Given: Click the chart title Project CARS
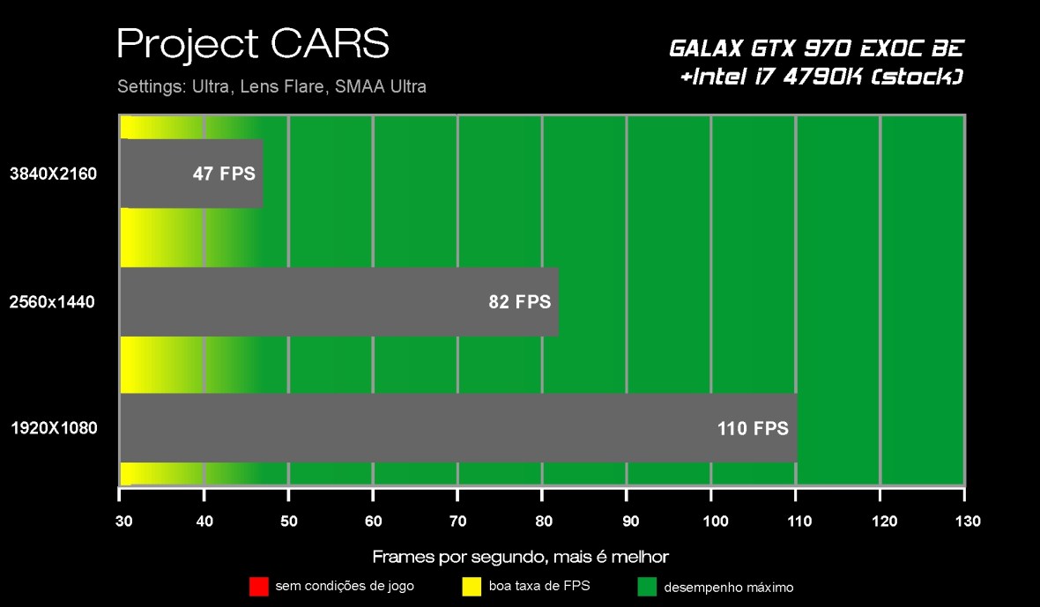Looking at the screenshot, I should click(x=252, y=44).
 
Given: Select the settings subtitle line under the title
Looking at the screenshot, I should click(x=271, y=87).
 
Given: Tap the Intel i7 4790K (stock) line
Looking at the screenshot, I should click(x=821, y=78).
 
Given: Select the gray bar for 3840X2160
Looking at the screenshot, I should click(x=191, y=174).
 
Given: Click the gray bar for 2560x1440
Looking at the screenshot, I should click(x=339, y=302).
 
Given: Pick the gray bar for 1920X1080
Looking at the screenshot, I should click(x=458, y=428).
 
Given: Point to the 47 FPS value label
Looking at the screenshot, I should click(x=224, y=174).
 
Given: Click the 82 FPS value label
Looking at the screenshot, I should click(x=519, y=302).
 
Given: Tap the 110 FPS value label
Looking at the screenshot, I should click(x=752, y=429).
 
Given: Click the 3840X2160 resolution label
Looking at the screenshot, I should click(x=53, y=174).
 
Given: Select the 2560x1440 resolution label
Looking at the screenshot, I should click(x=53, y=302).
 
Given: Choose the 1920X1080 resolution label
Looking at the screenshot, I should click(x=53, y=429).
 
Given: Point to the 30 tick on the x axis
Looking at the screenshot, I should click(x=123, y=522).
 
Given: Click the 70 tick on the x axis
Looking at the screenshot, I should click(x=457, y=522).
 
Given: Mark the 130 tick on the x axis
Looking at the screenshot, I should click(x=966, y=522).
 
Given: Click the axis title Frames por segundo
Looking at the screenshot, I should click(x=520, y=557).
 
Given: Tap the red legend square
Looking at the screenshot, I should click(x=258, y=586).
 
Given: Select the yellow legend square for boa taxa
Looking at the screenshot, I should click(x=472, y=586).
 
